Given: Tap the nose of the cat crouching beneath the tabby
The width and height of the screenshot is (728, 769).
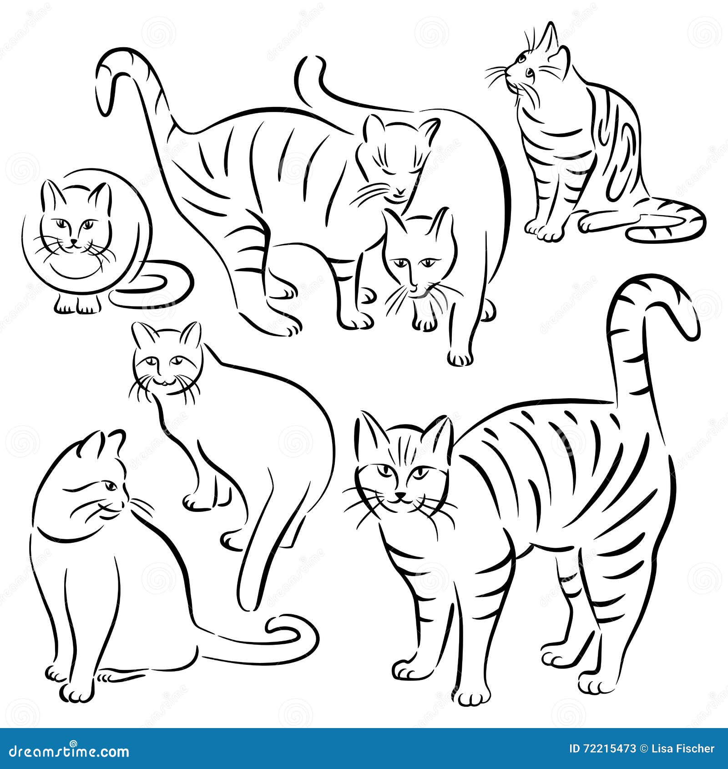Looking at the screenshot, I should (x=413, y=288).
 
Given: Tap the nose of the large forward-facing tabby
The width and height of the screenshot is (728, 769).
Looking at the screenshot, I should (x=400, y=495).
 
